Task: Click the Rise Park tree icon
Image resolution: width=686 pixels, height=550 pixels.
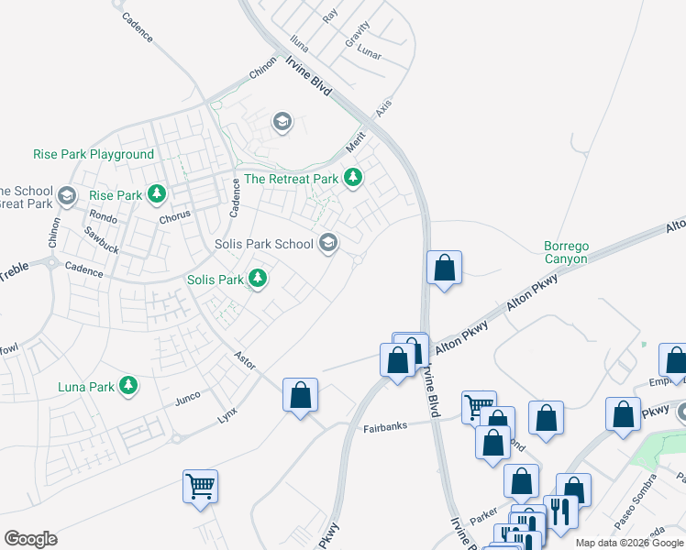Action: point(158,194)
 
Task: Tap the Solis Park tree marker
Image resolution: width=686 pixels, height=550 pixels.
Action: point(258,279)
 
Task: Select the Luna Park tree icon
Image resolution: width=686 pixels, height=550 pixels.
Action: point(130,387)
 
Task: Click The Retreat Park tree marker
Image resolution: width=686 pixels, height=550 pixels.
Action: point(353,179)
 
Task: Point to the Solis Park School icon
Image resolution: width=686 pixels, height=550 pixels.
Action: point(328,244)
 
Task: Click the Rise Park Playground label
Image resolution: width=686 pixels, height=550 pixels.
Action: point(94,154)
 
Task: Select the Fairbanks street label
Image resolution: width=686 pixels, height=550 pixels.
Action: point(383,428)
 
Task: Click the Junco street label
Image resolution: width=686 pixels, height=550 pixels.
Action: point(187,399)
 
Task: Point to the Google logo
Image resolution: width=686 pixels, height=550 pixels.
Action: point(30,539)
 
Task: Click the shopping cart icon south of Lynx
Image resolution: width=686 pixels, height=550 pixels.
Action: point(200,486)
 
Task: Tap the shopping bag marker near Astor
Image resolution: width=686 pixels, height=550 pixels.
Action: point(300,395)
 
